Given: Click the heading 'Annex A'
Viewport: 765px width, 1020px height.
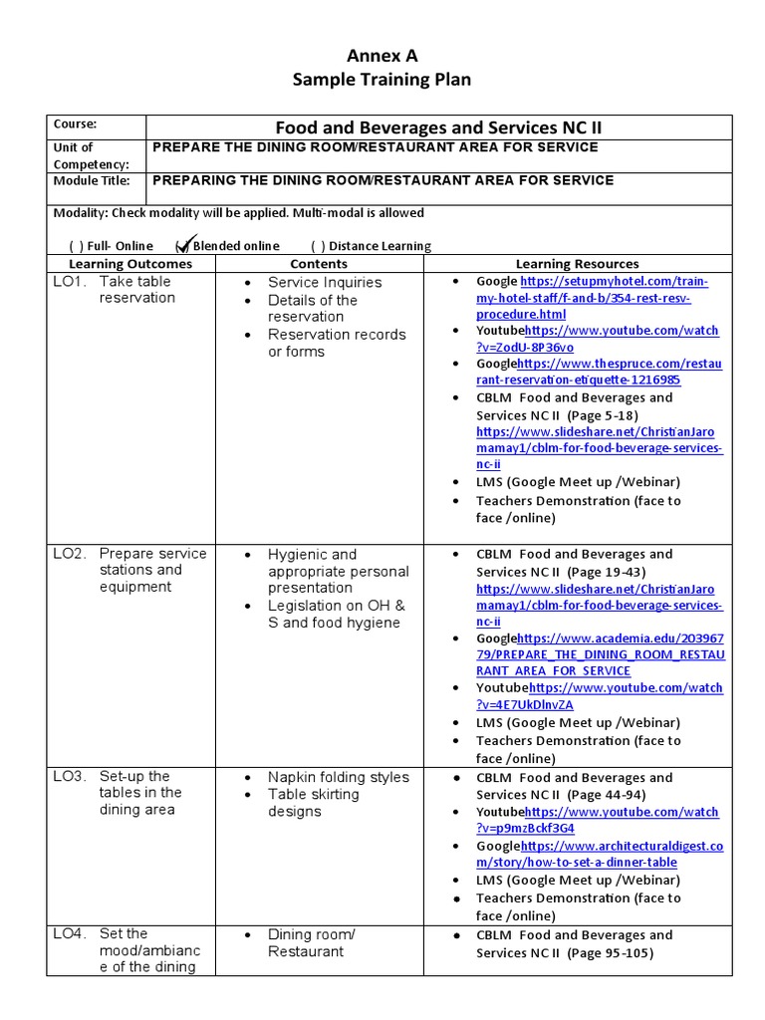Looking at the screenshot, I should (382, 56).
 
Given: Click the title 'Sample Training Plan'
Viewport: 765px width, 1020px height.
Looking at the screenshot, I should (382, 80).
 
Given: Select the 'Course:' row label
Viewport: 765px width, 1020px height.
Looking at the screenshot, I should (76, 125).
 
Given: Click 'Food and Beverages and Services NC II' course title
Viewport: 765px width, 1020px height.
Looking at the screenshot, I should (438, 127).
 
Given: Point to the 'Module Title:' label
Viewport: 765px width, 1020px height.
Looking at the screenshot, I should (91, 181).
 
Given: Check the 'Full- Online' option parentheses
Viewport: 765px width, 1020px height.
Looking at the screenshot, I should (76, 246).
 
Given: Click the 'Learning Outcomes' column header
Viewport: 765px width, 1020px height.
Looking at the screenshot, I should (130, 264).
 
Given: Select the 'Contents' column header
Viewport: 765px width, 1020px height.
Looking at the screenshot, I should (319, 264).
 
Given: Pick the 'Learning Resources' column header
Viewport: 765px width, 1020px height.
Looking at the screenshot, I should (577, 264).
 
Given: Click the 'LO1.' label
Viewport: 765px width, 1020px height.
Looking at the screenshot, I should (70, 282).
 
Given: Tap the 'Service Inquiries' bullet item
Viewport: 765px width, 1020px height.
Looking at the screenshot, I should (324, 283).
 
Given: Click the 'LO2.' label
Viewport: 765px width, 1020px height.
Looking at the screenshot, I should (70, 554).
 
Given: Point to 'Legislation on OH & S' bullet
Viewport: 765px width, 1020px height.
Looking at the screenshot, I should (336, 606).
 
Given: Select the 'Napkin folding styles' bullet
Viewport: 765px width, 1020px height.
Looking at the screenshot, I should (338, 777).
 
